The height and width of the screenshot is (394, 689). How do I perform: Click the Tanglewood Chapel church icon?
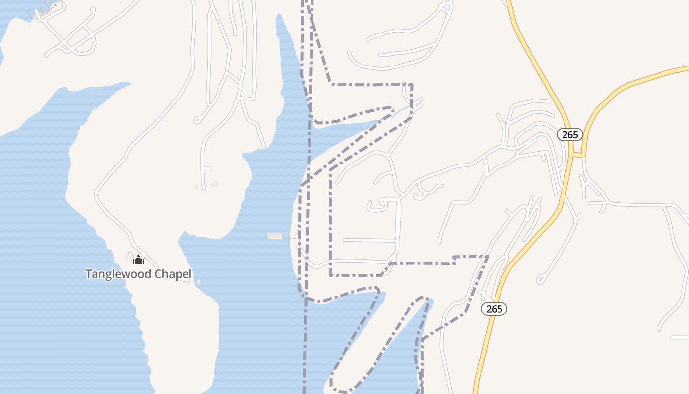138,259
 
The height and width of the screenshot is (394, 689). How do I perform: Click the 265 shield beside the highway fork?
570,134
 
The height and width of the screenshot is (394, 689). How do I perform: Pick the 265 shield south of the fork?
494,309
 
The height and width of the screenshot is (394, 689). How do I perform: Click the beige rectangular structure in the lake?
275,237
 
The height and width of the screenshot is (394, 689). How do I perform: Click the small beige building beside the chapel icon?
127,258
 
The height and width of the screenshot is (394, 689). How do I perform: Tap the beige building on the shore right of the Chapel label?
198,282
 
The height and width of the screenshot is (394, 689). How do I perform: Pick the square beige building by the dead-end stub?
215,184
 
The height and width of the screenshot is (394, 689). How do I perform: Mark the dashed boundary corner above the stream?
411,85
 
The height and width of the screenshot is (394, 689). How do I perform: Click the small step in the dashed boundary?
454,260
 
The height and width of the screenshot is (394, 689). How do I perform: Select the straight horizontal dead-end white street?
369,240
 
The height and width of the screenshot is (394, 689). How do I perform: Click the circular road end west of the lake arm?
197,120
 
